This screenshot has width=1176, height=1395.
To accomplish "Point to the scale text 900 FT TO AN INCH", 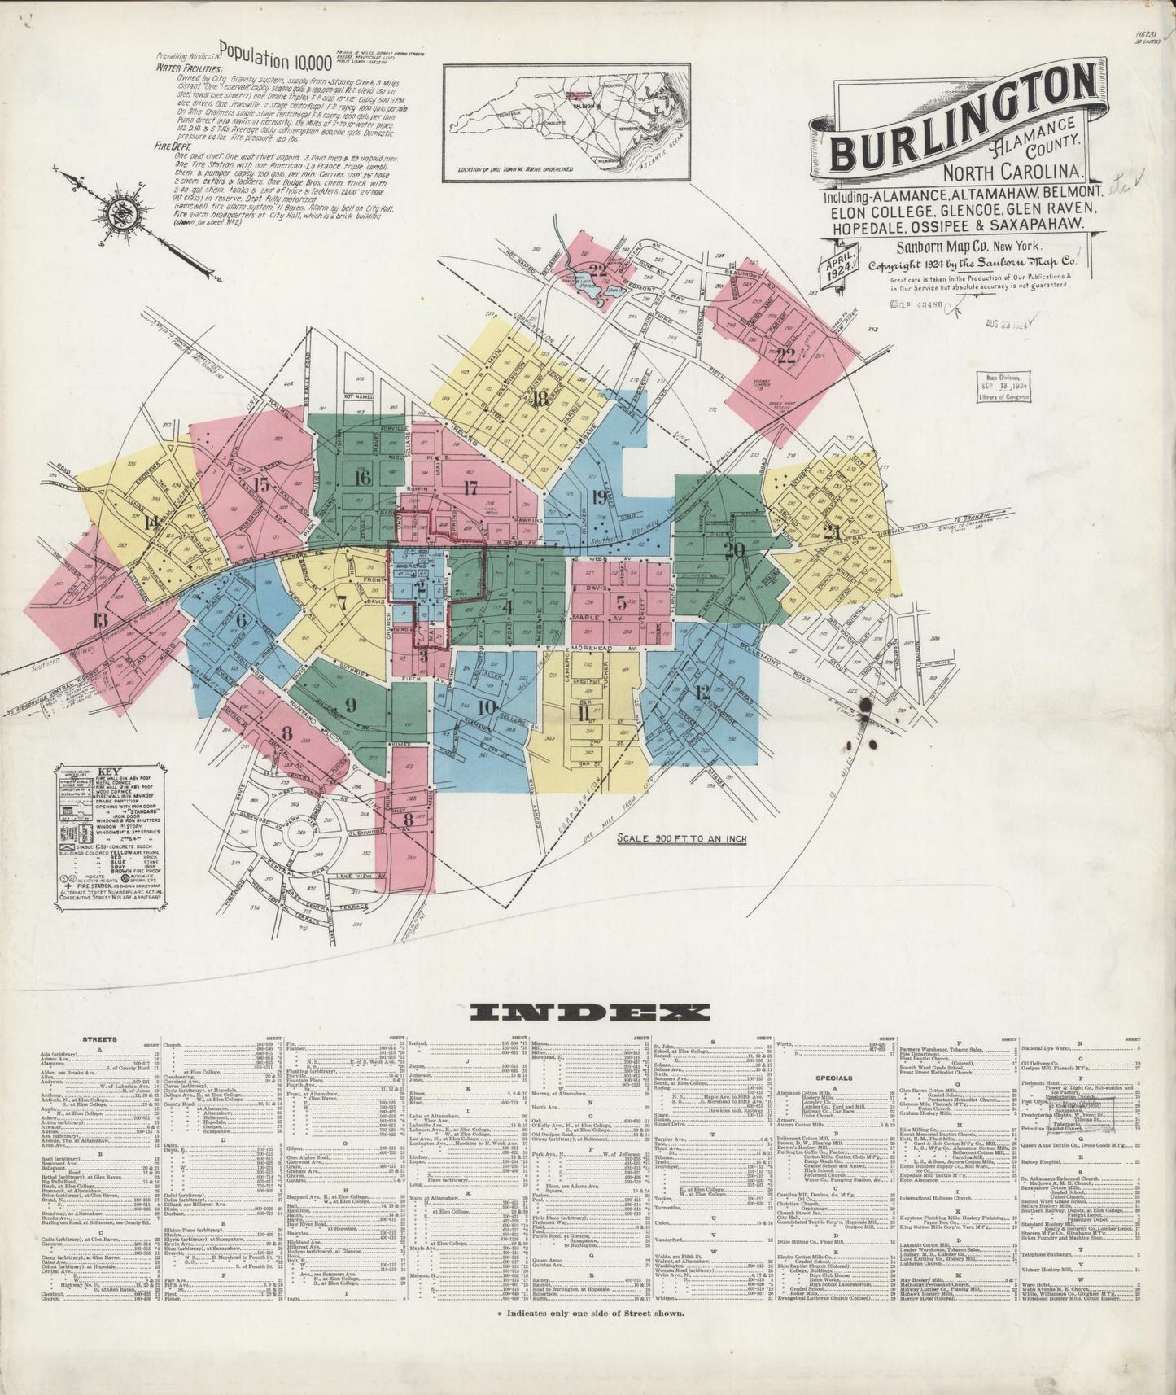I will pos(682,838).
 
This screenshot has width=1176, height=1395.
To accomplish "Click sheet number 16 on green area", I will pos(362,478).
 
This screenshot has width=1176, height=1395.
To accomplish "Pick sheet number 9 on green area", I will pos(351,704).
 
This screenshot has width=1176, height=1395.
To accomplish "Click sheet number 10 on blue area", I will pos(487,707).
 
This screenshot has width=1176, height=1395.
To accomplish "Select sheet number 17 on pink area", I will pos(470,488).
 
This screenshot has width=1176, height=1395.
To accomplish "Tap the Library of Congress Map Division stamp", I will pos(1003,387).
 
